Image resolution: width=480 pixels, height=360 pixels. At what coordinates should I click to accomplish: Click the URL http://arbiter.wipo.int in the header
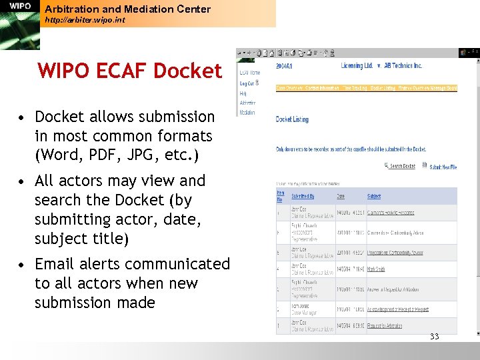click(x=84, y=21)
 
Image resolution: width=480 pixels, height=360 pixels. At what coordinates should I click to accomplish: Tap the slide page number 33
click(x=434, y=337)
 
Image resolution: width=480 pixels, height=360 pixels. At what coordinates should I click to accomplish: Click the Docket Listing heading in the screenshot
click(x=292, y=119)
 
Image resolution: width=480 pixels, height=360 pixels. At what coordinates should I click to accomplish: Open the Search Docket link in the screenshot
click(x=402, y=166)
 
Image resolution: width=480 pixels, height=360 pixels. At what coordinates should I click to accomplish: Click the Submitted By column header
click(x=302, y=197)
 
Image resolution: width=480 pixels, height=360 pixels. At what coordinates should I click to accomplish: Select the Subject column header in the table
click(x=374, y=197)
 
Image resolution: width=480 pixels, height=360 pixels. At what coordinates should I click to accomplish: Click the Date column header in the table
click(x=340, y=197)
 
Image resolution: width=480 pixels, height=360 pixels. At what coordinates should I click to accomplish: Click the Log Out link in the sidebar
click(x=248, y=84)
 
